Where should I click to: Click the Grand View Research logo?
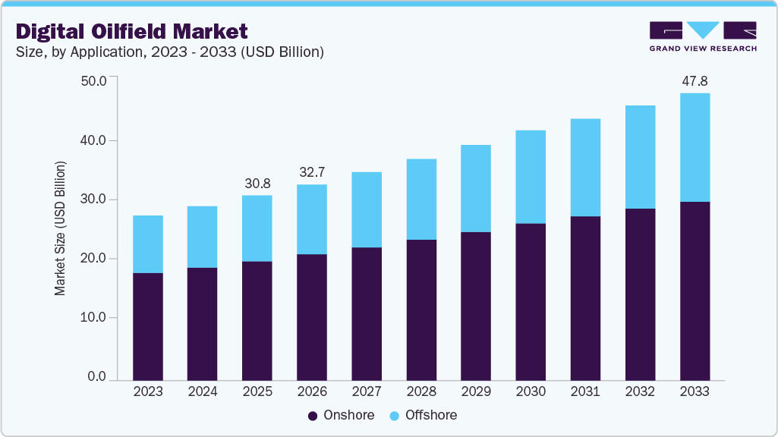tap(703, 36)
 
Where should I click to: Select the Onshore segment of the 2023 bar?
tap(148, 326)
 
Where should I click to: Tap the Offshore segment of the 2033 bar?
tap(695, 147)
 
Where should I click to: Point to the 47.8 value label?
tap(695, 80)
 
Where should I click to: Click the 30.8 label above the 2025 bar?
tap(257, 183)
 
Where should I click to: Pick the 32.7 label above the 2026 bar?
tap(312, 172)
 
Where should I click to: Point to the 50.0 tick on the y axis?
tap(93, 80)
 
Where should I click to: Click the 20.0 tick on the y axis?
tap(93, 259)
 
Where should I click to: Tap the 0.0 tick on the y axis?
tap(96, 377)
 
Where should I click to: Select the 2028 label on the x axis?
tap(421, 391)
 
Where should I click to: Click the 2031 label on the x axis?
tap(585, 391)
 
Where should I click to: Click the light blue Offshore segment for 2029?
tap(476, 188)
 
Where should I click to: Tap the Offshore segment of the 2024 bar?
tap(203, 237)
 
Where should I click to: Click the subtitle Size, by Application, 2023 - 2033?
tap(170, 52)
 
